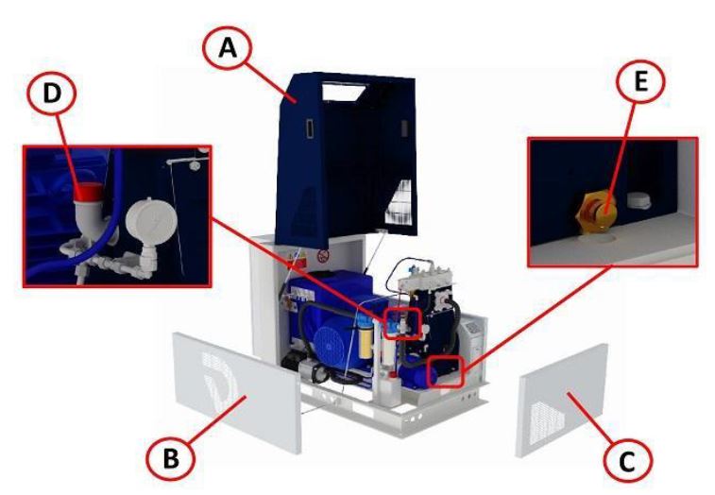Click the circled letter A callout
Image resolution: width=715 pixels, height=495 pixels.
pyautogui.click(x=228, y=47)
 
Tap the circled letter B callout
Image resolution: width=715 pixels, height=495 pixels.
pyautogui.click(x=171, y=458)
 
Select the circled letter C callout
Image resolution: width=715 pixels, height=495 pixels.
pyautogui.click(x=627, y=461)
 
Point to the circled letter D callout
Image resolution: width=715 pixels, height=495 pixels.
pyautogui.click(x=52, y=94)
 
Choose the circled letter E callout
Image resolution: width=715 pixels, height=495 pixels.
pyautogui.click(x=640, y=82)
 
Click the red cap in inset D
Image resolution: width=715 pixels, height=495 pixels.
pyautogui.click(x=88, y=192)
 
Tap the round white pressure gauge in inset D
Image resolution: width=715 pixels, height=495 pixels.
pyautogui.click(x=151, y=220)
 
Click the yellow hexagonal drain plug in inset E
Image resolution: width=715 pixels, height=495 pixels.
pyautogui.click(x=598, y=211)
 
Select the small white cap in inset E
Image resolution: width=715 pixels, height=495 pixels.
pyautogui.click(x=639, y=200)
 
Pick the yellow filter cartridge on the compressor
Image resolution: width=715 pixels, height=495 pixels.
pyautogui.click(x=366, y=343)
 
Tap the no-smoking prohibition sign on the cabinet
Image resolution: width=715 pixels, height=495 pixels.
pyautogui.click(x=323, y=256)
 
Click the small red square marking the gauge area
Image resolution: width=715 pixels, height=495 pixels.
pyautogui.click(x=401, y=323)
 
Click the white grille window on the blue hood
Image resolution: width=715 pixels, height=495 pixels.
pyautogui.click(x=399, y=202)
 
